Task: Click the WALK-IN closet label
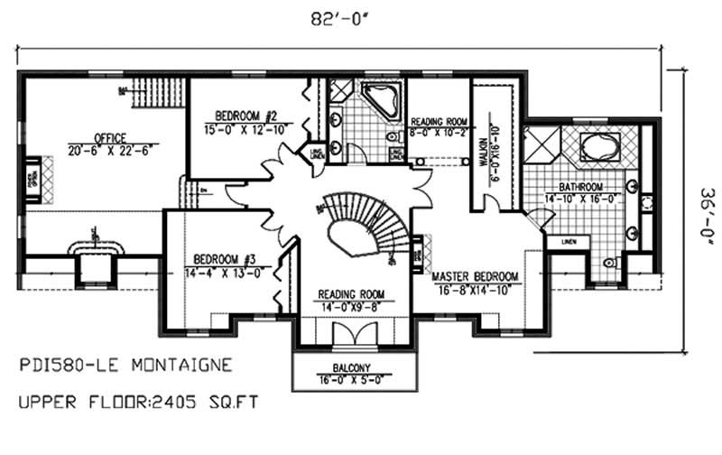(x=488, y=144)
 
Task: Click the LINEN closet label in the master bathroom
(x=569, y=242)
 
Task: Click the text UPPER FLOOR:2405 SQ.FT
(x=140, y=397)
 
